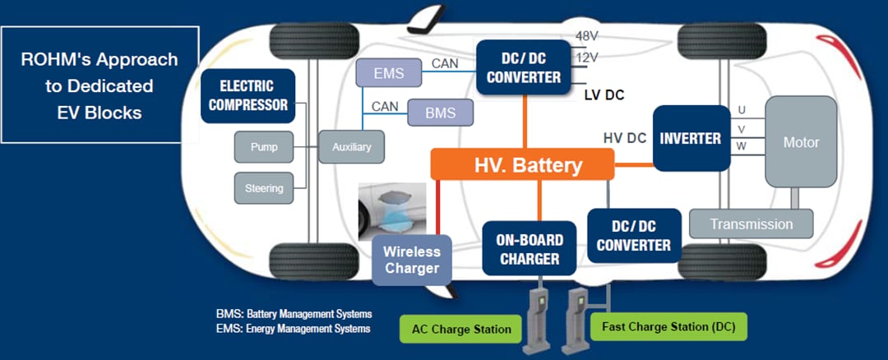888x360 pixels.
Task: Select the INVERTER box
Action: pyautogui.click(x=691, y=138)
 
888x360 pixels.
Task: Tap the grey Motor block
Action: pyautogui.click(x=800, y=142)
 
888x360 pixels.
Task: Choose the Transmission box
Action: pyautogui.click(x=751, y=224)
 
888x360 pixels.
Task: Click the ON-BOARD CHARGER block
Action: pyautogui.click(x=529, y=249)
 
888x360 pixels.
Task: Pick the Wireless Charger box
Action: pyautogui.click(x=411, y=260)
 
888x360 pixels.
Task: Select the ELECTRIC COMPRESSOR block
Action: pyautogui.click(x=248, y=95)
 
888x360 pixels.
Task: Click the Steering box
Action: pyautogui.click(x=264, y=188)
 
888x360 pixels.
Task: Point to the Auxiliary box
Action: pyautogui.click(x=351, y=148)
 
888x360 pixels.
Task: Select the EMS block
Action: pyautogui.click(x=388, y=74)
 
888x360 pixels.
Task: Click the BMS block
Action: pyautogui.click(x=441, y=113)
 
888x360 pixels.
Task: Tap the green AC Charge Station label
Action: pyautogui.click(x=462, y=329)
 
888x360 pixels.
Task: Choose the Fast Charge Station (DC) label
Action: pyautogui.click(x=668, y=326)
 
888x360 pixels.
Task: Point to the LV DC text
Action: pyautogui.click(x=604, y=95)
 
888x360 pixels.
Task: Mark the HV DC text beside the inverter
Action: pyautogui.click(x=624, y=138)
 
